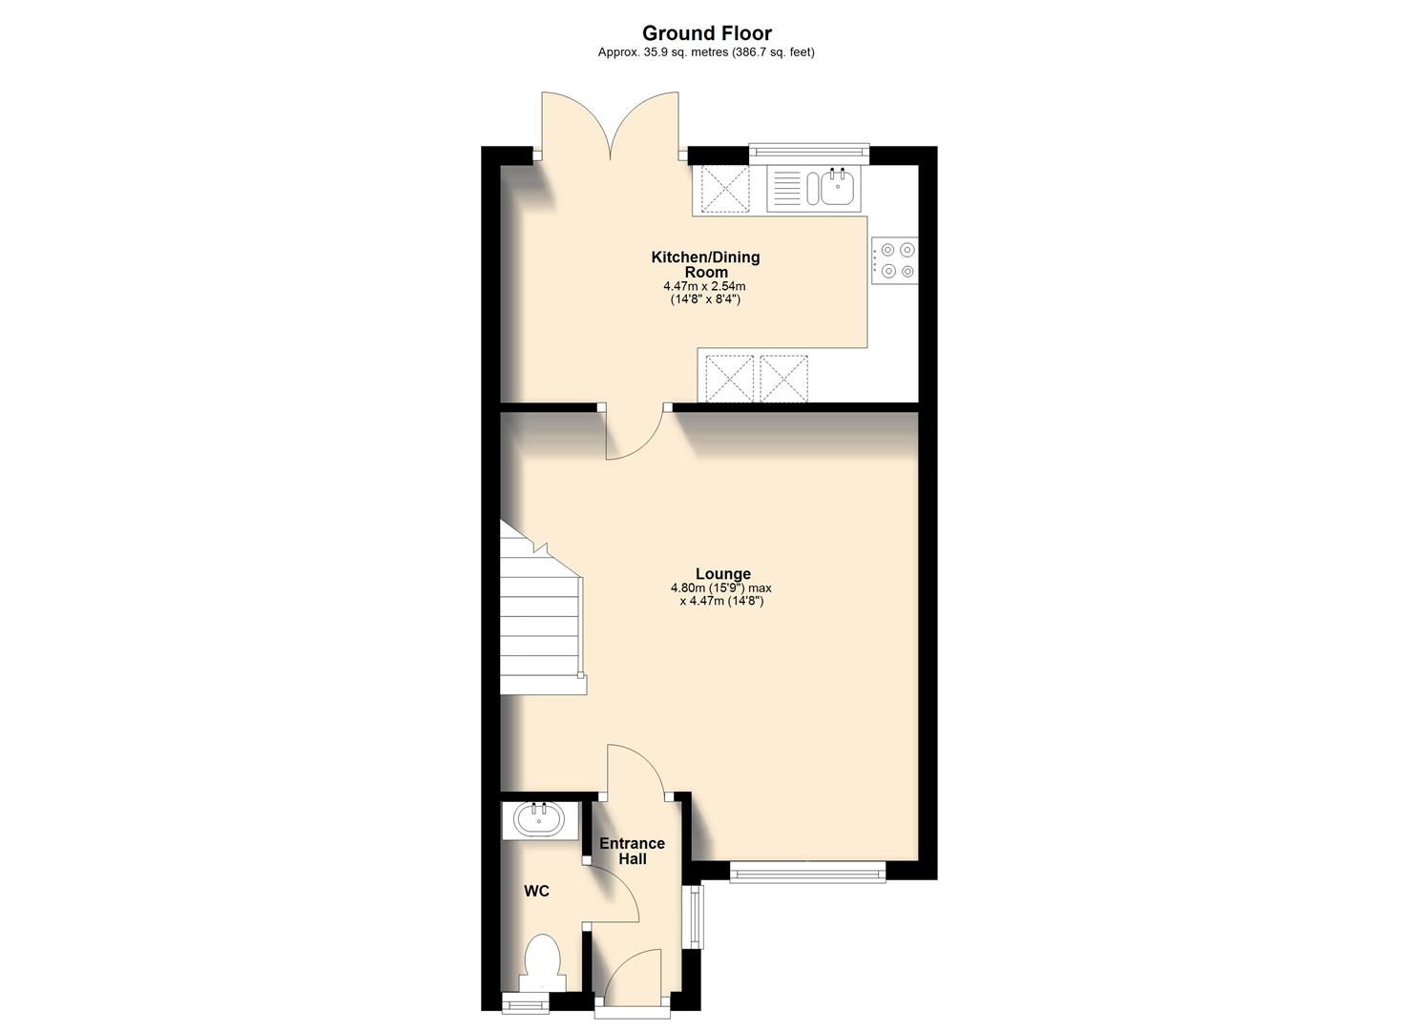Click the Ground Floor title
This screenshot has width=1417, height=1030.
[x=706, y=33]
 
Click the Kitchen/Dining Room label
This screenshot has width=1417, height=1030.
[x=705, y=264]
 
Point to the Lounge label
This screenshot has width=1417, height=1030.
[x=722, y=574]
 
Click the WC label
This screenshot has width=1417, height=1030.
[x=536, y=892]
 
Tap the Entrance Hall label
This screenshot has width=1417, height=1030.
[x=632, y=851]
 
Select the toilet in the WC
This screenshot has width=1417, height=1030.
[x=542, y=961]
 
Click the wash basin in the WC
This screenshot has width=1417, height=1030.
[x=539, y=819]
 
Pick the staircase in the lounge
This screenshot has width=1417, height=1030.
[x=539, y=620]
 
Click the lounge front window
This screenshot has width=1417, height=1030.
[x=807, y=871]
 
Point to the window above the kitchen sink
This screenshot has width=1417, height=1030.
[x=809, y=149]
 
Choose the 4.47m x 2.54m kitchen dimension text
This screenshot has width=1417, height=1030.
[x=704, y=286]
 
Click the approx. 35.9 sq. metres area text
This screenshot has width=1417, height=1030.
[x=706, y=53]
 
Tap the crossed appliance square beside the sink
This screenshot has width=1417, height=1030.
[x=725, y=188]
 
